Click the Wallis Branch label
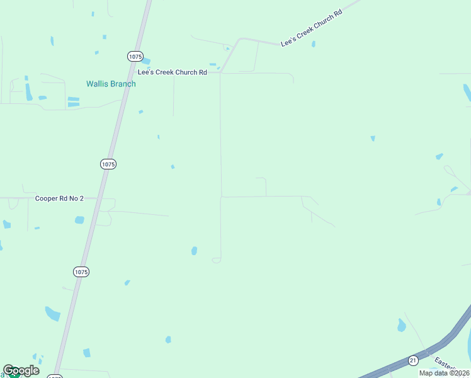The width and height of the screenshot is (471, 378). (111, 84)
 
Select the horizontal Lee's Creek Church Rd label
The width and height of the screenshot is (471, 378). (173, 72)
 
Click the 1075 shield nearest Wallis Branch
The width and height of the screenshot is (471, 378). (135, 56)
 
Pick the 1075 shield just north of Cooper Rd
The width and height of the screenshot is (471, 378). (108, 164)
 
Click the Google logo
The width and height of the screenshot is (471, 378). (21, 370)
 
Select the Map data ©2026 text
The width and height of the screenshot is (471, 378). (445, 373)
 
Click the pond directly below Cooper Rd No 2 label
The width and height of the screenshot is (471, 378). (79, 220)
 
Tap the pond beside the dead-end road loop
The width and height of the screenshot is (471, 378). (194, 251)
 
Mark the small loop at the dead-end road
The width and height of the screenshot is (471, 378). (217, 260)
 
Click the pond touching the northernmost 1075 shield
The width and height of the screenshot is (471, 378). (146, 61)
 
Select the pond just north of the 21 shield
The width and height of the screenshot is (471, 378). (401, 326)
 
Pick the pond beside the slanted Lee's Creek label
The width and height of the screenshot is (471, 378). (313, 44)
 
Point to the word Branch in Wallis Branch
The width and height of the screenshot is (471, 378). (122, 84)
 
